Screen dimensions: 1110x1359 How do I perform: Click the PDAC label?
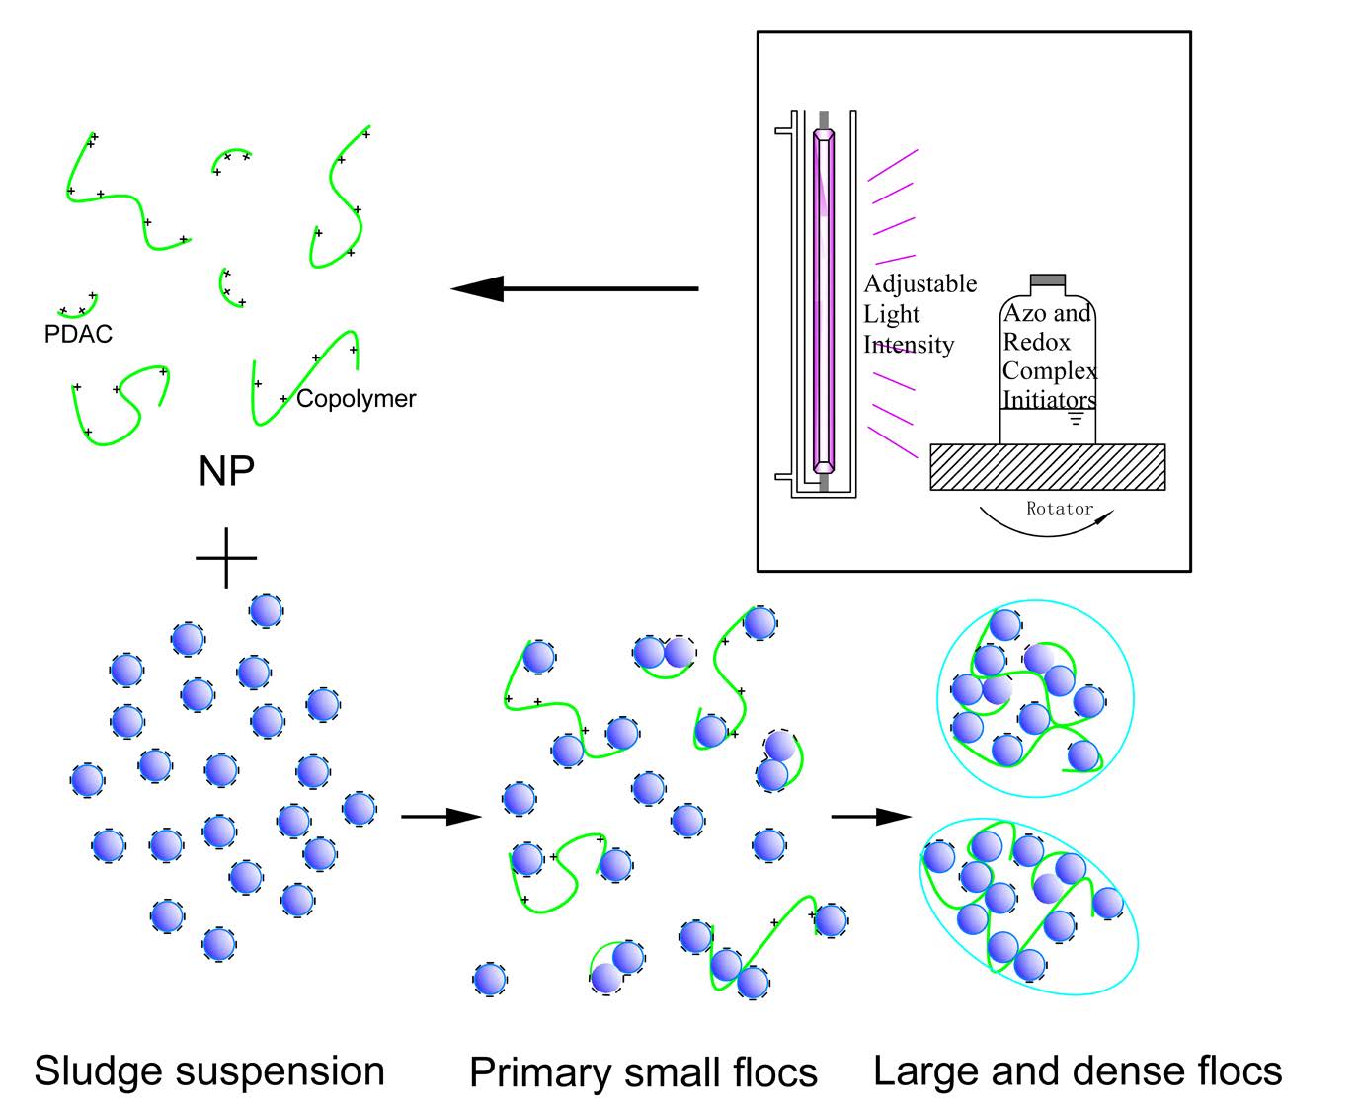pos(78,334)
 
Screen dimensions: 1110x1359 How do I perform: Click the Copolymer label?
pos(356,399)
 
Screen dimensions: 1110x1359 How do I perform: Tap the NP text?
pos(226,471)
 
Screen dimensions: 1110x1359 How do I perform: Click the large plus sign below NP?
pos(226,558)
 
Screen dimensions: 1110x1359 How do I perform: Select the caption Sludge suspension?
pos(209,1071)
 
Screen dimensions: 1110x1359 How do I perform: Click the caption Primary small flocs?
pos(643,1072)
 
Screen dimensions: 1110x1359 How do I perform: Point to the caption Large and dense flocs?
pos(1078,1071)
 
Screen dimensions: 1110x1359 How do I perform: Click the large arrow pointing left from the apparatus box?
pos(573,288)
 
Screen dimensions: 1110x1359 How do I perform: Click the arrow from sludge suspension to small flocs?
pos(440,817)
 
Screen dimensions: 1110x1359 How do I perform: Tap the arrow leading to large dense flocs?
pos(870,817)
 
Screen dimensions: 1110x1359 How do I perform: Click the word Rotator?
pos(1060,509)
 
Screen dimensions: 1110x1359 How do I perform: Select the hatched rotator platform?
pos(1047,467)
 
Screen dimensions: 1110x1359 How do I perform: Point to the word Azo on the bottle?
pos(1023,314)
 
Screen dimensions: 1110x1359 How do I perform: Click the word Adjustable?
pos(919,284)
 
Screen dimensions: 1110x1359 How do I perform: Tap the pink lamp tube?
pos(823,301)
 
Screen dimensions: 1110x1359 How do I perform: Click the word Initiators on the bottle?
pos(1049,400)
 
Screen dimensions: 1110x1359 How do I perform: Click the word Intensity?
pos(909,345)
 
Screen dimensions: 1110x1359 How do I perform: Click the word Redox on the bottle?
pos(1036,342)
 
